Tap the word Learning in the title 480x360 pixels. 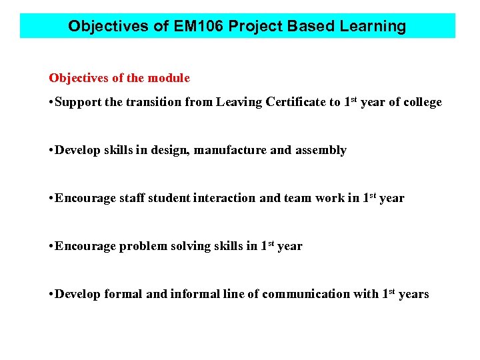tap(373, 27)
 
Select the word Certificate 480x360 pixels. tap(297, 102)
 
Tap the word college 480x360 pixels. tap(423, 102)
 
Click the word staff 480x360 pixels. tap(132, 198)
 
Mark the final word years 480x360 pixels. tap(413, 294)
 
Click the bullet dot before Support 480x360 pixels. tap(51, 102)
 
